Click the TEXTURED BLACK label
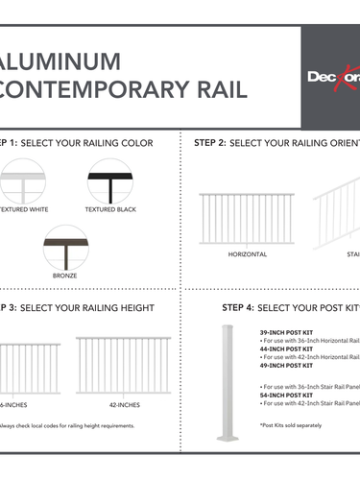(114, 208)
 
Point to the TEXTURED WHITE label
(25, 208)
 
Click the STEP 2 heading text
(274, 143)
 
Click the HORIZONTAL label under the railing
(247, 254)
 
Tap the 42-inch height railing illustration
(124, 365)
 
